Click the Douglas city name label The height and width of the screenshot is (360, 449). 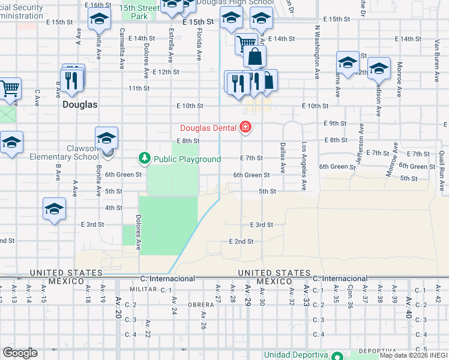click(x=80, y=104)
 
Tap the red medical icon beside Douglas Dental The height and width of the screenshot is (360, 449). click(x=245, y=127)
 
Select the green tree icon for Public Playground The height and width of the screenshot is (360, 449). click(x=144, y=158)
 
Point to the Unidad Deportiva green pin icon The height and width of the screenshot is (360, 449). click(x=337, y=355)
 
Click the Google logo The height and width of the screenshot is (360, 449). click(x=19, y=353)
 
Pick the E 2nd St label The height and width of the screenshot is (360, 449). click(x=241, y=241)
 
